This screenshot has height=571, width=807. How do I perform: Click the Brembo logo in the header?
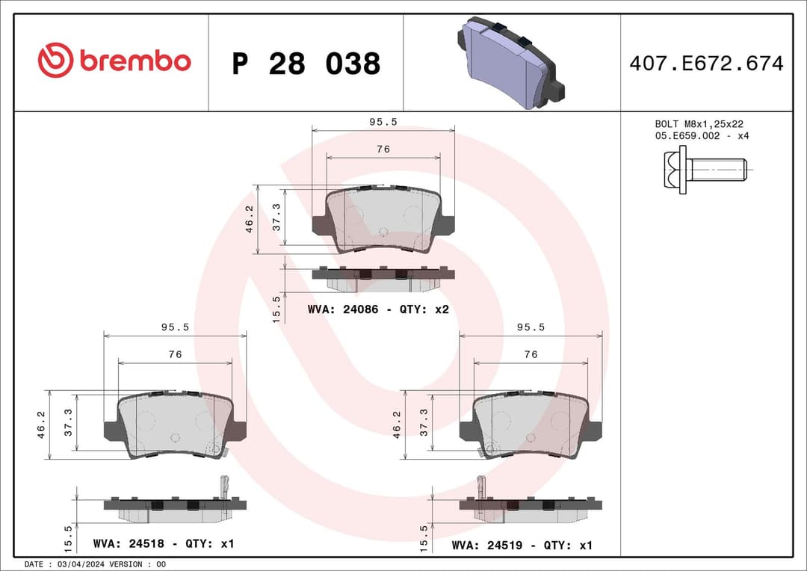(x=114, y=61)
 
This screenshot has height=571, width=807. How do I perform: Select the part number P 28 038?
(x=306, y=64)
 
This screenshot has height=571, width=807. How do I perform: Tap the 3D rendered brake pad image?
(x=509, y=64)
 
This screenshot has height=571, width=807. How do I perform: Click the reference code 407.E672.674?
(x=706, y=64)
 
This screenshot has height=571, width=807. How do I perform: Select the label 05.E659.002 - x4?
(x=702, y=136)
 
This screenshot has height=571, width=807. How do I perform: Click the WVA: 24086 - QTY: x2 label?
(x=377, y=309)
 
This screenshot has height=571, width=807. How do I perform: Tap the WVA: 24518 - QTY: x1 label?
(x=163, y=543)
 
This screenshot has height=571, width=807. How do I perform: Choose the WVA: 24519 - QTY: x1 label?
(x=522, y=546)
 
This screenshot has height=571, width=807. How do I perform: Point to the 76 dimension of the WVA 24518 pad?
(x=175, y=354)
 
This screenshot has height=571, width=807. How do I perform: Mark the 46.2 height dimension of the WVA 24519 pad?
(x=397, y=425)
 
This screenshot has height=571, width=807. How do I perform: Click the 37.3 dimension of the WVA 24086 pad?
(x=276, y=217)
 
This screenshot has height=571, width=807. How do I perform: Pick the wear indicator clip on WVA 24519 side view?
(x=482, y=487)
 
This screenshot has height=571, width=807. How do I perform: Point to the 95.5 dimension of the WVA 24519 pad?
(x=531, y=327)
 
